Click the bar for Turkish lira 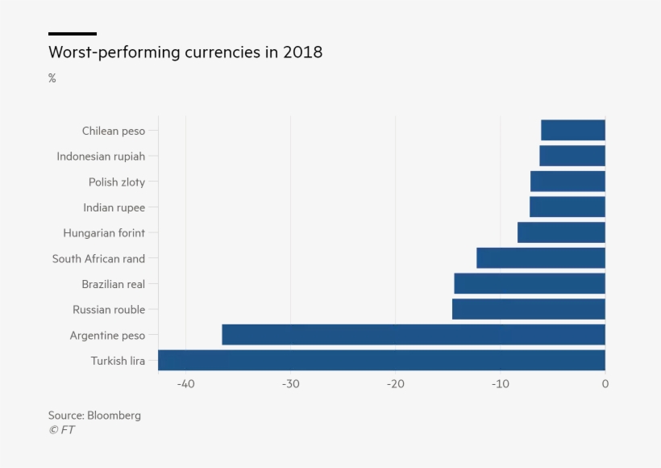point(381,360)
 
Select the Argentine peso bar point(414,335)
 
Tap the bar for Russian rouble point(528,309)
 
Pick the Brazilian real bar point(530,283)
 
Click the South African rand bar point(541,258)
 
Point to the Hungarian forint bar point(561,232)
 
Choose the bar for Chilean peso point(573,130)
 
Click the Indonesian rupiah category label point(101,157)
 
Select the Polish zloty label point(117,182)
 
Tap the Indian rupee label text point(114,207)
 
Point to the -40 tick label point(185,384)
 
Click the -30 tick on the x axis point(290,384)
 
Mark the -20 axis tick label point(395,384)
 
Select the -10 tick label point(500,384)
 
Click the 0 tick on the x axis point(605,384)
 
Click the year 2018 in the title point(302,52)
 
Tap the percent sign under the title point(52,78)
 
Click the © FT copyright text point(61,430)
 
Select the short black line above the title point(73,34)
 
